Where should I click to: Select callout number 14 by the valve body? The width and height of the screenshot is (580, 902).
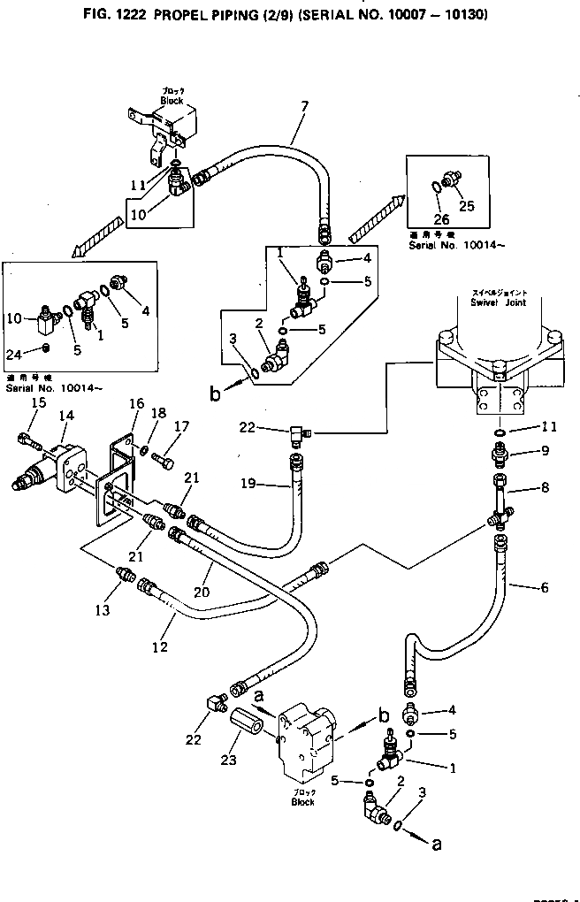[x=65, y=416]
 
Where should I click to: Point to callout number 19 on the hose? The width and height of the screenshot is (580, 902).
[x=249, y=484]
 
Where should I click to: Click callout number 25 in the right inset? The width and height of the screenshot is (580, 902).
[x=467, y=206]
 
